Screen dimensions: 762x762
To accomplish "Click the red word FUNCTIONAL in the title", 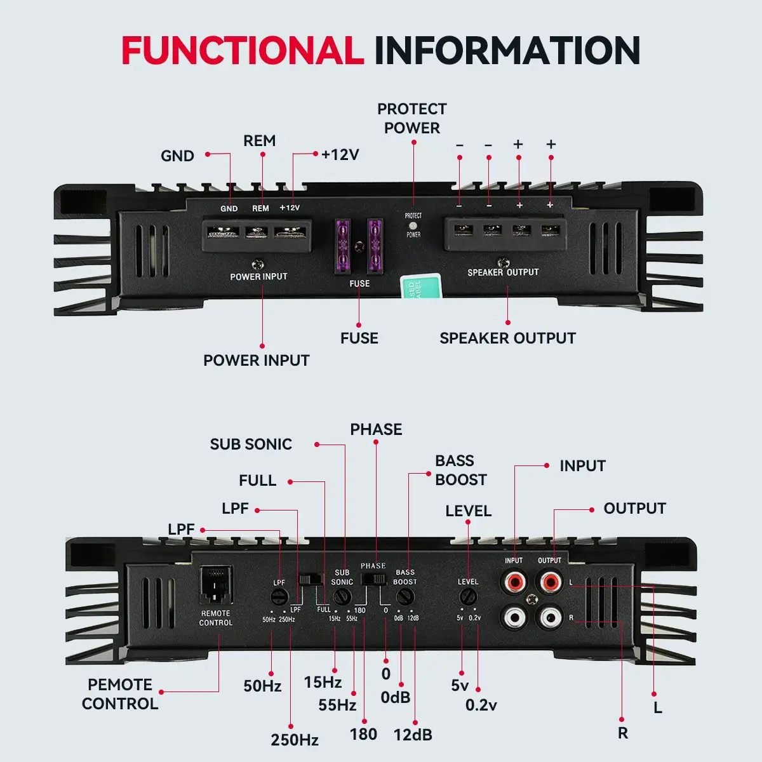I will click(242, 51).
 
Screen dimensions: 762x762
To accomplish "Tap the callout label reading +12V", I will click(340, 154).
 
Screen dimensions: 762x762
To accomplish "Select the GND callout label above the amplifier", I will click(177, 156).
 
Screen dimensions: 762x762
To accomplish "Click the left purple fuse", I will click(344, 246).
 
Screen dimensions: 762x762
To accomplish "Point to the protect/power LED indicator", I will click(413, 225).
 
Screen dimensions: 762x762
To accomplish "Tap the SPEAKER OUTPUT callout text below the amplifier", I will click(507, 338).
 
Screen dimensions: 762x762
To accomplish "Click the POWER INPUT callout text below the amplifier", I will click(256, 360).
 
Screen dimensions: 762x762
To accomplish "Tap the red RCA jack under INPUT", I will click(513, 581).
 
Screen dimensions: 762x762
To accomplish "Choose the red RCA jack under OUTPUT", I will click(549, 581).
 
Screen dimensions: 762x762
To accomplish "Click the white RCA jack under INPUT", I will click(513, 616).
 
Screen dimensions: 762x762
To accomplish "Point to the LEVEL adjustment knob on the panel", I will click(468, 597).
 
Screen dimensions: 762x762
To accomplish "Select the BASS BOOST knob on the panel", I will click(404, 598).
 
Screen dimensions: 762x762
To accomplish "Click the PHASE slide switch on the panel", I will click(373, 578).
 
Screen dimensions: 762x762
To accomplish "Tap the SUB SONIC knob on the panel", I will click(342, 598).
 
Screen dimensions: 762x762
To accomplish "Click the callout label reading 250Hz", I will click(295, 740).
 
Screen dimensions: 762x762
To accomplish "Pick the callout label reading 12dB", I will click(413, 735).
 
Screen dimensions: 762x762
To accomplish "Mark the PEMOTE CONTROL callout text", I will click(120, 694).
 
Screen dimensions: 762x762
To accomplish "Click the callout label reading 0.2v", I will click(481, 705).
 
